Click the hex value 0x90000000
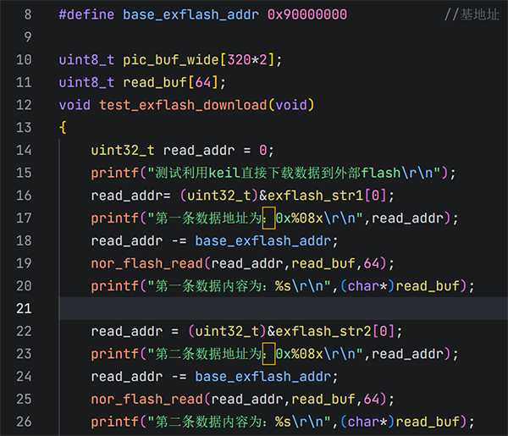coord(307,14)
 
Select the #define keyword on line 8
coord(86,14)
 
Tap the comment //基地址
coord(472,14)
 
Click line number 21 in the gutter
coord(24,308)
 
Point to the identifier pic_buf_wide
coord(171,60)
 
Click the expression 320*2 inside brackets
coord(247,60)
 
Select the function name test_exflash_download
coord(183,105)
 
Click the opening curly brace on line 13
coord(63,128)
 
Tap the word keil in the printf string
coord(224,173)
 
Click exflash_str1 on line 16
coord(315,196)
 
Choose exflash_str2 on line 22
coord(323,331)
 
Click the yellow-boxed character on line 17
coord(268,218)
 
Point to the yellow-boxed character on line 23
coord(268,354)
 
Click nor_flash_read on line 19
coord(146,263)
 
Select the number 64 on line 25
coord(372,399)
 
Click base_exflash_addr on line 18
coord(263,241)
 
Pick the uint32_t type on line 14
coord(123,151)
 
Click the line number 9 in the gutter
coord(28,37)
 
